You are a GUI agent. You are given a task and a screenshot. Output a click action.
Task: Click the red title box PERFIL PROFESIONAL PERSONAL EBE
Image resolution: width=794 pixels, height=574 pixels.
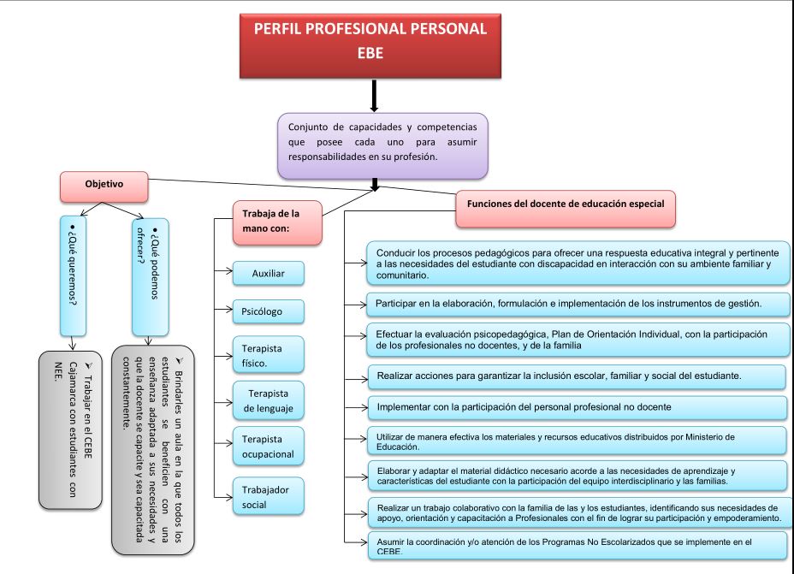point(370,40)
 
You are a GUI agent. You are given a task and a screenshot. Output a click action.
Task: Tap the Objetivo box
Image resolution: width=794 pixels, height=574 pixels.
point(104,185)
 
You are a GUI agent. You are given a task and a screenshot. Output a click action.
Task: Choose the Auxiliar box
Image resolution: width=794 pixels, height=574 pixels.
point(268,274)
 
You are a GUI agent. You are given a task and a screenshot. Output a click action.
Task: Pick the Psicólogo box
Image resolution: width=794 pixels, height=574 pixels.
point(268,311)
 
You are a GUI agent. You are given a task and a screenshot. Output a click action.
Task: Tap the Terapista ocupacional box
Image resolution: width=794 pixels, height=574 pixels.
point(268,447)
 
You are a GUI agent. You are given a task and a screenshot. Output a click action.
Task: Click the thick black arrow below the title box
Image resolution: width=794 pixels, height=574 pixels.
point(374,96)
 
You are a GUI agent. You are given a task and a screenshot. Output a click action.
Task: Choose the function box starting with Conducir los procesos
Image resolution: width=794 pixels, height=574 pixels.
point(578,263)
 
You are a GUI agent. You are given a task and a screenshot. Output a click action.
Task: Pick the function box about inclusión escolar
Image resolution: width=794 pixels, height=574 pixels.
point(578,376)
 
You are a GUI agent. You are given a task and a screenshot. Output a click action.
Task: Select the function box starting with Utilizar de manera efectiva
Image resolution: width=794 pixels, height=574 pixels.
point(578,441)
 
